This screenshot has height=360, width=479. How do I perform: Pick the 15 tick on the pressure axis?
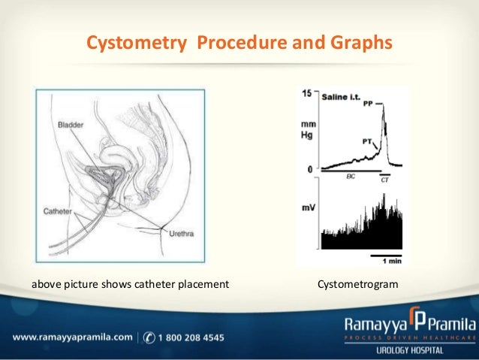coord(307,94)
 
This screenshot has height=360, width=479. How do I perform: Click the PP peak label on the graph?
coord(368,104)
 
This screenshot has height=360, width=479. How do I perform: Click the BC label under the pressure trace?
coord(351,177)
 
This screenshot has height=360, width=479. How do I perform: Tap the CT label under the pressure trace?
coord(385,180)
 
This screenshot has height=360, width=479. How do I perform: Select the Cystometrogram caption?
coord(357,285)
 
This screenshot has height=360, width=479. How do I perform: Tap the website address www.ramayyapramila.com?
coord(72,336)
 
